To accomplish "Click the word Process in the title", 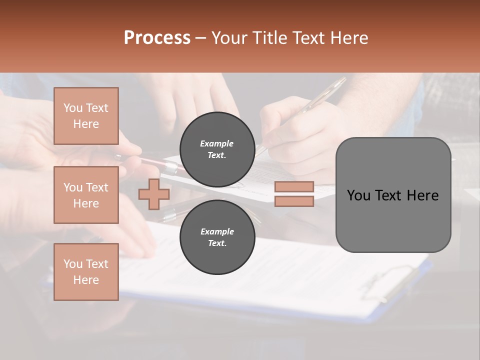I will point(157,38).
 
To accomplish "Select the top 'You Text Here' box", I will point(86,116).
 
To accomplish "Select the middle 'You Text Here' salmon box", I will point(86,195).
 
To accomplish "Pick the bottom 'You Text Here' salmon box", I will point(86,272).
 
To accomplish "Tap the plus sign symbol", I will point(154,194).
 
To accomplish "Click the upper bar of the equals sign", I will point(294,186).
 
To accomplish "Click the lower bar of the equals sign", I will point(294,201).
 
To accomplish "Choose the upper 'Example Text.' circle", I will point(217,149).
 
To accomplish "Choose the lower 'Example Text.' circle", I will point(217,237).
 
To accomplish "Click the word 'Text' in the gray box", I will point(386,195).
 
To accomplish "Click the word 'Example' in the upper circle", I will point(217,143).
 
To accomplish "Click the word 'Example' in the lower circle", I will point(217,231).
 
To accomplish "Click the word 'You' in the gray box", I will point(359,195).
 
